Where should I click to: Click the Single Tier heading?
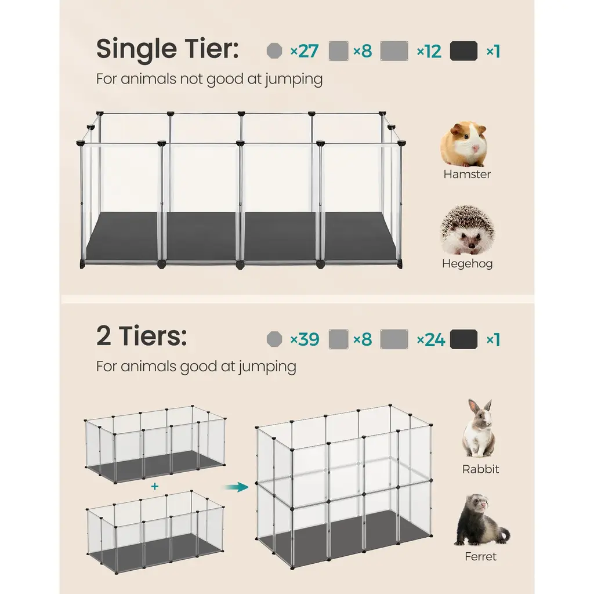(168, 49)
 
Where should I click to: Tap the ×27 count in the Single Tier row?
(304, 51)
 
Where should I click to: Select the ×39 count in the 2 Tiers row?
(305, 339)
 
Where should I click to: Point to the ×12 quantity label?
(429, 51)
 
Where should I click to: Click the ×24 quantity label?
(431, 339)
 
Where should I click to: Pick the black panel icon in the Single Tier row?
(463, 51)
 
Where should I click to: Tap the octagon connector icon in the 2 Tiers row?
(274, 339)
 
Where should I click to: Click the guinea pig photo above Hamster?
(464, 144)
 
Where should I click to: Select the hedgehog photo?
(467, 230)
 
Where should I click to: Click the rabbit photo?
(479, 428)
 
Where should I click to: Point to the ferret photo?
(481, 520)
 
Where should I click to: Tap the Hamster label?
(467, 174)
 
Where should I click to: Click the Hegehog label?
(467, 264)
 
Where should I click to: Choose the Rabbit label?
(480, 469)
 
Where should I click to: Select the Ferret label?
(480, 556)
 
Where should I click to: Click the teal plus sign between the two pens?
(154, 487)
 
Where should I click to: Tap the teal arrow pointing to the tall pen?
(237, 487)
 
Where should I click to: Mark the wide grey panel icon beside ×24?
(394, 339)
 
